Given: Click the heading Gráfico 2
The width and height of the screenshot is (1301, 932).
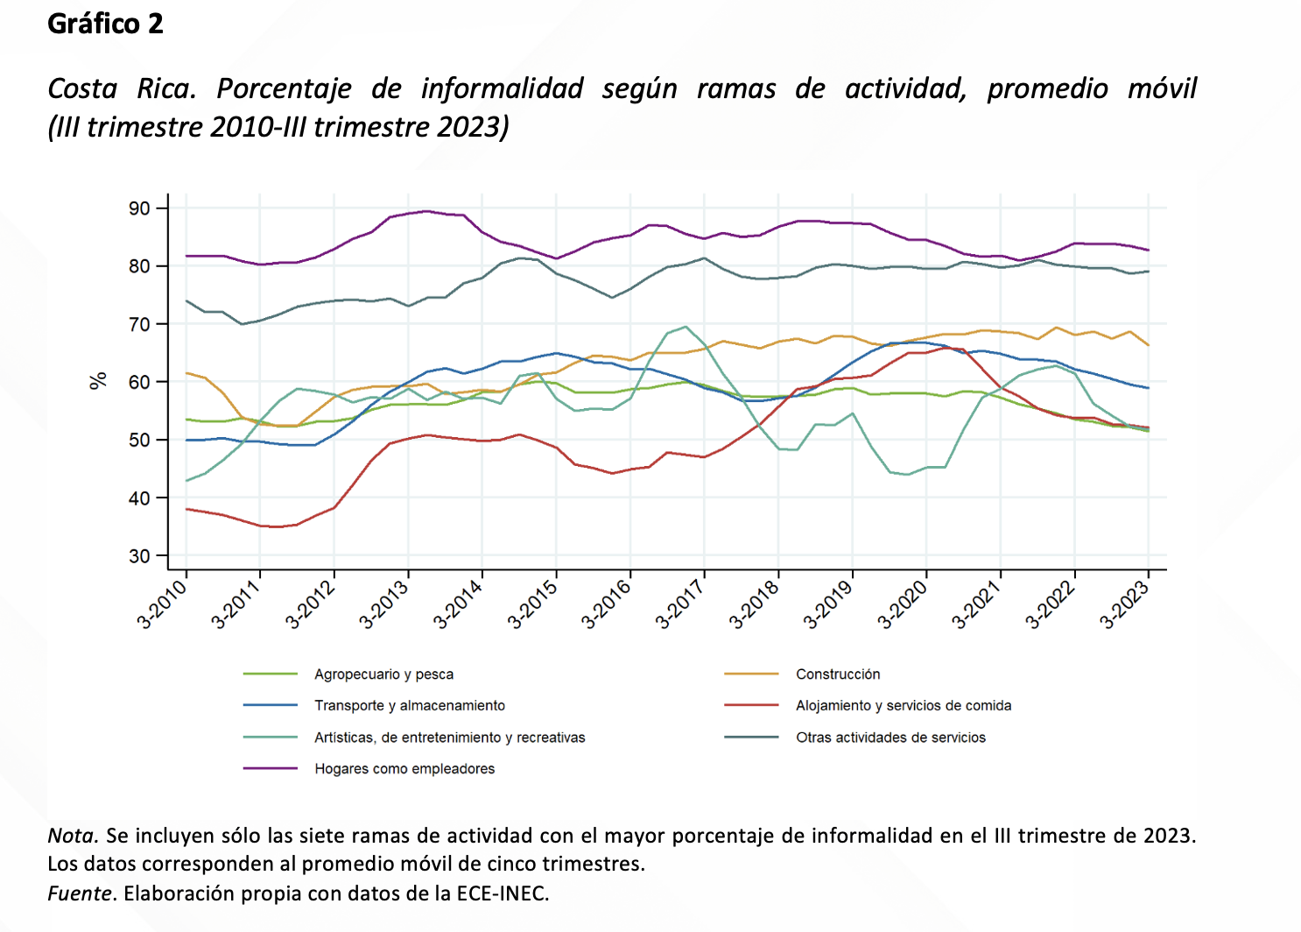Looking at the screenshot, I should [105, 24].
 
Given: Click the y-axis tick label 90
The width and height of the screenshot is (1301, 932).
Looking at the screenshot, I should [139, 208].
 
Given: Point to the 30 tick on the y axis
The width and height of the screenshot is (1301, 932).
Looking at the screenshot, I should [139, 556].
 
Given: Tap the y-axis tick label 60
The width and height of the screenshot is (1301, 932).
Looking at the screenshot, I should [139, 382].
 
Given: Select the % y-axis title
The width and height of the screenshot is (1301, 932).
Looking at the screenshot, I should [98, 381].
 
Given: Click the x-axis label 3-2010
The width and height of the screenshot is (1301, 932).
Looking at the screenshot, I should [163, 604].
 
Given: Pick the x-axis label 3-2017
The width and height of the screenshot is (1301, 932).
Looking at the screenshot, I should [681, 604].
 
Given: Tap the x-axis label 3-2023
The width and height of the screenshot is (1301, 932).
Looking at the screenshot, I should [1125, 604].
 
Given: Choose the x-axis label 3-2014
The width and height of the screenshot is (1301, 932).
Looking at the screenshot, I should [459, 604].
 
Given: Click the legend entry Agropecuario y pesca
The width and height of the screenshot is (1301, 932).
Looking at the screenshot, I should [383, 674].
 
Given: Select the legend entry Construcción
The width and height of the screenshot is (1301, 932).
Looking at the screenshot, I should [838, 674].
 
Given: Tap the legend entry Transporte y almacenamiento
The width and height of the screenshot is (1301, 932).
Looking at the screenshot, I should [410, 706].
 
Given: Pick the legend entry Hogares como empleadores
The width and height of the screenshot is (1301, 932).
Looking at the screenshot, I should [404, 769].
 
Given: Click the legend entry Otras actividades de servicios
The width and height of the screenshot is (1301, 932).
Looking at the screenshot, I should [890, 738].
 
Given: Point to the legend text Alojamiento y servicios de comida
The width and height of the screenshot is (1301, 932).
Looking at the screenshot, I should [904, 706].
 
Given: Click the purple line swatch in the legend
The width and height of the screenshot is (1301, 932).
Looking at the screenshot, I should [271, 769].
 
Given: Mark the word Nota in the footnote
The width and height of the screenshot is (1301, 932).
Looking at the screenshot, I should [71, 836].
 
